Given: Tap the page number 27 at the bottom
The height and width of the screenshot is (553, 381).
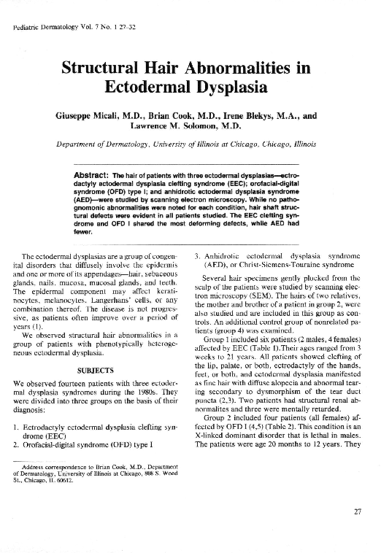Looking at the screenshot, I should point(357,511).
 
